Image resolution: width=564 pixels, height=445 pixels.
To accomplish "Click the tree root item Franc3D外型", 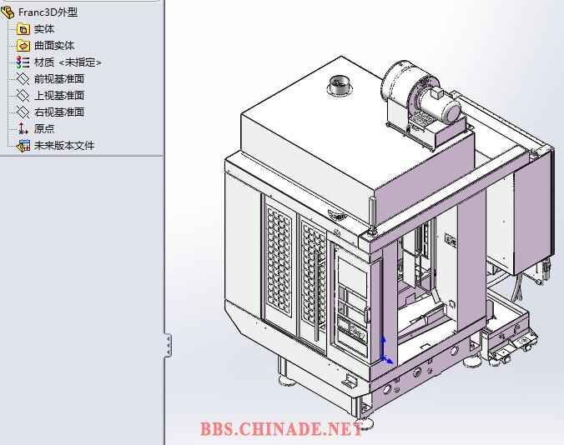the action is (48, 12).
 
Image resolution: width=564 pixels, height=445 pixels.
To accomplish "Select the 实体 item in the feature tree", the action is (44, 29).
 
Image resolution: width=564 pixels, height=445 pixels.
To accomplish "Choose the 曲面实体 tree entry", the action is (54, 46).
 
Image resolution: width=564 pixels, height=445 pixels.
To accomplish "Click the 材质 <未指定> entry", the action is (68, 62).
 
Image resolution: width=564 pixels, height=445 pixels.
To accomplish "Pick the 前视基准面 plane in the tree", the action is (59, 78).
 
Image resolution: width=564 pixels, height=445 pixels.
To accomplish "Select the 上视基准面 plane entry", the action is (59, 95).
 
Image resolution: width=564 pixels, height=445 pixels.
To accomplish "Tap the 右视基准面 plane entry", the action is (59, 112).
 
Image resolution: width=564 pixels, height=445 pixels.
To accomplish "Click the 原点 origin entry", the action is (44, 128).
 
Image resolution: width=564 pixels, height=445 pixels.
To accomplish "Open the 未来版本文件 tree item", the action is (64, 145).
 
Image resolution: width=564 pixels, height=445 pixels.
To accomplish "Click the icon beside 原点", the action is (23, 128).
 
